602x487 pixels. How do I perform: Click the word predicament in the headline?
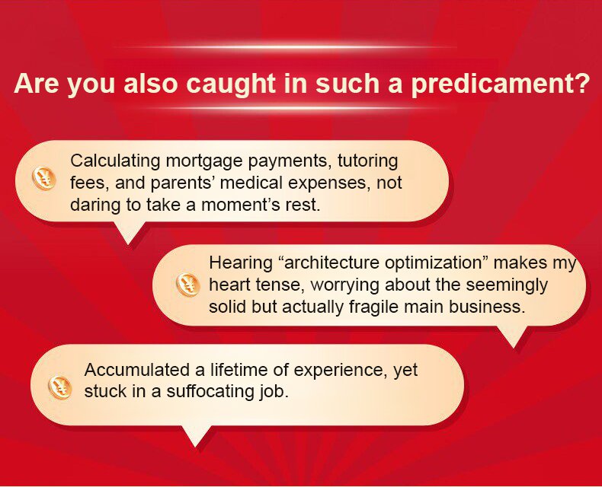click(500, 84)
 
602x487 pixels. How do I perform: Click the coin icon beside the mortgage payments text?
click(43, 178)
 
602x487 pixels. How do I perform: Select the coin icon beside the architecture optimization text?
click(187, 285)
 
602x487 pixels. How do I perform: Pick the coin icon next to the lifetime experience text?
click(60, 387)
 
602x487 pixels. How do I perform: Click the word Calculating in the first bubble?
click(115, 161)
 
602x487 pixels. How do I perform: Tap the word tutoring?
click(368, 161)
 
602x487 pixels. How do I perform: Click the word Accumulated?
click(136, 370)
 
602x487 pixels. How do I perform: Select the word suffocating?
click(210, 392)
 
